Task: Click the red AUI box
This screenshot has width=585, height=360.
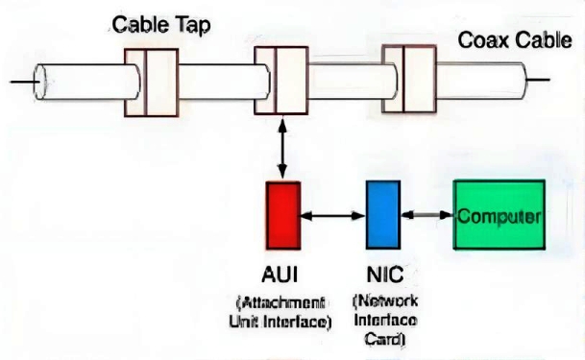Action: pos(283,215)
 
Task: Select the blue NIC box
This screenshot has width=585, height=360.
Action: pos(383,215)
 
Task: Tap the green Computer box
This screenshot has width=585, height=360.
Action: pos(500,215)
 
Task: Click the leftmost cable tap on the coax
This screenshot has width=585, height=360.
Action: pos(151,83)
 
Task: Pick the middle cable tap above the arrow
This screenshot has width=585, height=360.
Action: pos(281,81)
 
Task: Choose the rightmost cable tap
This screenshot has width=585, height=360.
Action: pos(409,79)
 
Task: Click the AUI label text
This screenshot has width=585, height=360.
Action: pos(280,275)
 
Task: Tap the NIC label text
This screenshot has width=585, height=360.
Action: pos(385,275)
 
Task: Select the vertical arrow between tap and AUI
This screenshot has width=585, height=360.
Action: pos(282,149)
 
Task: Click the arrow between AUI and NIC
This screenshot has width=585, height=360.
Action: pos(332,215)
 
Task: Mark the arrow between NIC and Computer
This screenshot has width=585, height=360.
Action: pos(427,215)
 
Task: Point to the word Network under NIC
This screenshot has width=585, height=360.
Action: pos(385,300)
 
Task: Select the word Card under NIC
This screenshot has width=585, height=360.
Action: pos(385,339)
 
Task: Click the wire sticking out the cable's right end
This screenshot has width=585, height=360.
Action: pos(537,80)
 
